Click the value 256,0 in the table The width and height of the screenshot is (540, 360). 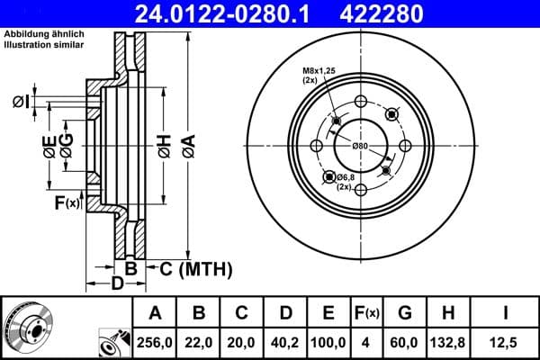coord(155,343)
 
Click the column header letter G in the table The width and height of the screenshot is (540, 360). coord(405,313)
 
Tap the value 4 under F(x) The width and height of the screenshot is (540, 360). coord(364,343)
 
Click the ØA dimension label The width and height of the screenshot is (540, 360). coord(188,143)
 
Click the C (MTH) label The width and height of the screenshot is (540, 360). coord(195,268)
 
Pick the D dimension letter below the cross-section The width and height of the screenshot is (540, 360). coord(118,285)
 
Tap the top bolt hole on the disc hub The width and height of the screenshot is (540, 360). coord(360,101)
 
